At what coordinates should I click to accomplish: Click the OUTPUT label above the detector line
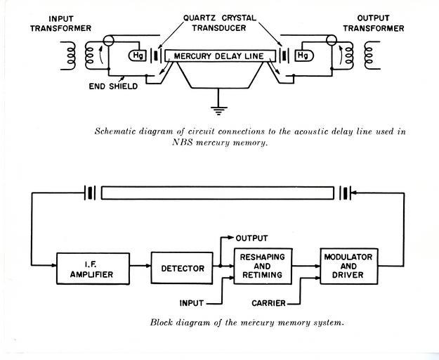pos(251,238)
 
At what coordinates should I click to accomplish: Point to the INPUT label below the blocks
pos(192,303)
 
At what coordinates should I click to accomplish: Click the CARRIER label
pos(268,303)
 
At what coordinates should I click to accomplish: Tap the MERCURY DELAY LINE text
pos(219,56)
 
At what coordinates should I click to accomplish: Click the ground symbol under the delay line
pos(218,110)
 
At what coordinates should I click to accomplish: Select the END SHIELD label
pos(113,86)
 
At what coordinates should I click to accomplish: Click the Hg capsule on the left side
pos(137,56)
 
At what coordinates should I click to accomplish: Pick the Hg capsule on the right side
pos(304,56)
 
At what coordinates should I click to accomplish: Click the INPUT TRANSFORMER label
pos(60,23)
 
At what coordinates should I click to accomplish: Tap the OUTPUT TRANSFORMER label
pos(374,23)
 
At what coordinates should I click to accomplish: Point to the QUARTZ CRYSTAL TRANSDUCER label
pos(219,23)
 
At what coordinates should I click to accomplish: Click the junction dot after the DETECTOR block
pos(221,266)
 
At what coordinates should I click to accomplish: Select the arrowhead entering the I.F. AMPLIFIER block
pos(54,265)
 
